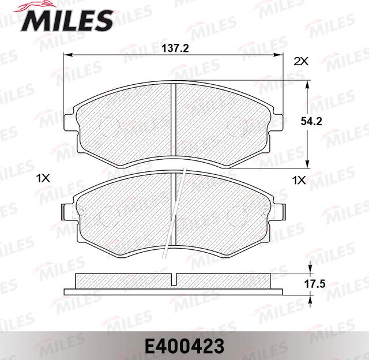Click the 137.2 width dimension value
click(176, 48)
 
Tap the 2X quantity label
click(300, 61)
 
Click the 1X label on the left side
click(44, 179)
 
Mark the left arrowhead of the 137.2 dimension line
click(67, 55)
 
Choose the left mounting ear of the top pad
click(70, 121)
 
